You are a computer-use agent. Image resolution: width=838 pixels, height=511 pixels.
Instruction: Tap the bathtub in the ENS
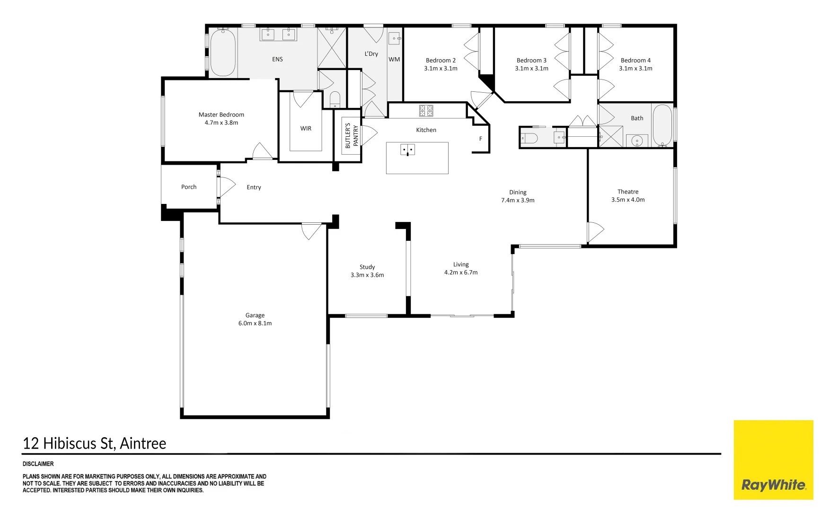click(x=223, y=52)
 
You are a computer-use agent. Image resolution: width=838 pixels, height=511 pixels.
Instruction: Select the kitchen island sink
click(x=407, y=150)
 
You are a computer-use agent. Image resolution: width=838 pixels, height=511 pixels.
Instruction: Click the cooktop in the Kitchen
click(x=426, y=111)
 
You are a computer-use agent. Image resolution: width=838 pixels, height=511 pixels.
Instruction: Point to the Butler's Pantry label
click(x=352, y=136)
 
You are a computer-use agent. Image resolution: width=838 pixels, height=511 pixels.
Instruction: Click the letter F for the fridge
click(x=481, y=139)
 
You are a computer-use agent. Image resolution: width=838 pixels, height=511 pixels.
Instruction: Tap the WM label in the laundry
click(x=394, y=60)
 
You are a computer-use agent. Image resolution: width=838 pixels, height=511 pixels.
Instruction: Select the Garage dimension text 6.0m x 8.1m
click(x=255, y=323)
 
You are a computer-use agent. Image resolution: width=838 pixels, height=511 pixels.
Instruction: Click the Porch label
click(x=189, y=187)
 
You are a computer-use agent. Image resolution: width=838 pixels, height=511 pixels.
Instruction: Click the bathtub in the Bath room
click(x=662, y=125)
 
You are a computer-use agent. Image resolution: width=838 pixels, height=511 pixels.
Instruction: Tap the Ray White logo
click(x=774, y=460)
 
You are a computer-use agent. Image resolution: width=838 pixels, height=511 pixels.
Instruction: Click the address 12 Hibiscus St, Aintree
click(x=95, y=443)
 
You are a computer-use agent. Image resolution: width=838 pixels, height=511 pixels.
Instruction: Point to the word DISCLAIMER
click(x=38, y=464)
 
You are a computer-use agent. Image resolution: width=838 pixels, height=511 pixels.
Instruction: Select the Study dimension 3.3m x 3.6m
click(x=367, y=275)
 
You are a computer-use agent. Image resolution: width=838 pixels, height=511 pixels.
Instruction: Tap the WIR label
click(x=306, y=128)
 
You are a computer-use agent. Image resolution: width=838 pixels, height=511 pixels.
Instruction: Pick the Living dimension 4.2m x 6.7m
click(x=461, y=273)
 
